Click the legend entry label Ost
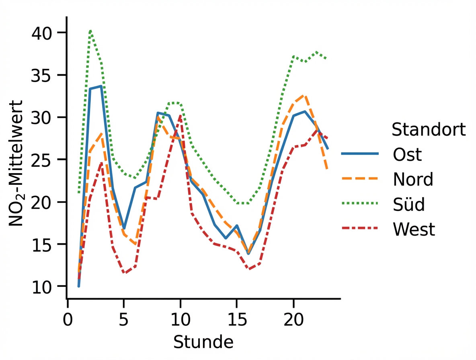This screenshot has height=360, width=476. tap(407, 155)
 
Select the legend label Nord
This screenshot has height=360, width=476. tap(413, 180)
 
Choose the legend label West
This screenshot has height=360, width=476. tap(414, 229)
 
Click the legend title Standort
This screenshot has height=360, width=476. tap(429, 130)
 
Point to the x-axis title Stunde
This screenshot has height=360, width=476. tap(203, 342)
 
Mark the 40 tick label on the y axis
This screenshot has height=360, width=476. tap(42, 33)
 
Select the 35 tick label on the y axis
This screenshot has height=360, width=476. tap(42, 75)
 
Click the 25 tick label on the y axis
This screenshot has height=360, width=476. tap(42, 160)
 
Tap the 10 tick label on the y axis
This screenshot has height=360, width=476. tap(42, 286)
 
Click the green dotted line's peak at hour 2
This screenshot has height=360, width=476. tap(90, 30)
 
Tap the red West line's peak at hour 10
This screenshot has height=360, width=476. tap(181, 116)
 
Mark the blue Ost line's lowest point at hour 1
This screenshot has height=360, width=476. tap(79, 286)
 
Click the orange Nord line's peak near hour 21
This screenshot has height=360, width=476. tap(305, 96)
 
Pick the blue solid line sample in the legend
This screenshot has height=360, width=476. tap(360, 154)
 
